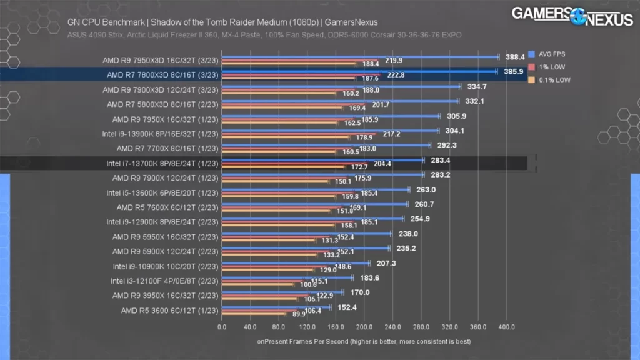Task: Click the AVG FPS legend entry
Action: click(x=551, y=54)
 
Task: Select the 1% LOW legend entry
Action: click(x=550, y=67)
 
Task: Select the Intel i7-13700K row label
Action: click(x=157, y=163)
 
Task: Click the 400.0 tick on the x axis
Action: click(x=506, y=326)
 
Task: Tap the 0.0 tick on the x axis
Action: click(x=222, y=326)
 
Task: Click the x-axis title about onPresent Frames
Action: click(x=364, y=341)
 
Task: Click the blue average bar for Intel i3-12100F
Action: click(x=287, y=277)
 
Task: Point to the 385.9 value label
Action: click(x=514, y=71)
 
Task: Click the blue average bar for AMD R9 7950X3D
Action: click(x=359, y=57)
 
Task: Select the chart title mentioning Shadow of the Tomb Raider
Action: click(x=222, y=22)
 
